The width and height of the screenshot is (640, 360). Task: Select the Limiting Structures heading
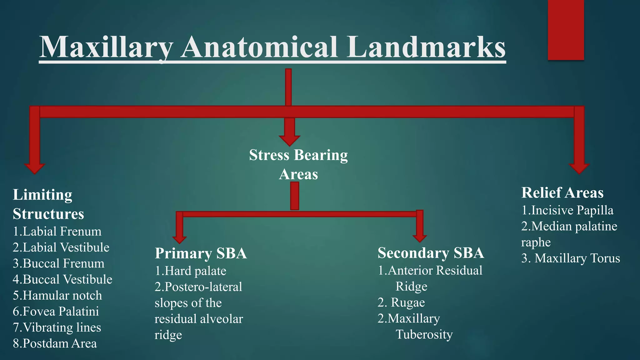click(48, 204)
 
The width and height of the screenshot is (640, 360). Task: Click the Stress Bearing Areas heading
click(298, 164)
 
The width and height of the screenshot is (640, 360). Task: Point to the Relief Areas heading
click(562, 192)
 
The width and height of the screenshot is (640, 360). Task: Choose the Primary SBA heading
click(201, 253)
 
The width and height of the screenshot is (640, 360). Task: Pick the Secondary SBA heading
click(431, 253)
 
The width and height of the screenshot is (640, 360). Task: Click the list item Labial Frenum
click(57, 232)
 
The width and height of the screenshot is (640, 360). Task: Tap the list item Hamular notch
click(57, 295)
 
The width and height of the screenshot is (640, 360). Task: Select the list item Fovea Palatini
click(56, 311)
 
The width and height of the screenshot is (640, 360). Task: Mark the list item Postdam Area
click(55, 343)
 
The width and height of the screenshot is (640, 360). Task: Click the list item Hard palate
click(191, 271)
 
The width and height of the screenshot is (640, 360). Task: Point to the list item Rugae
click(401, 302)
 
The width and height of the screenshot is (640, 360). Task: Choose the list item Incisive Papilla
click(567, 210)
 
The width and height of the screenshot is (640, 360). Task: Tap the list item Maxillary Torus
click(571, 258)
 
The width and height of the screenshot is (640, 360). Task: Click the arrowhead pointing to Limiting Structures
click(34, 168)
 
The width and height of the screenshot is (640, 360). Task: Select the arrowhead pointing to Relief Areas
click(579, 168)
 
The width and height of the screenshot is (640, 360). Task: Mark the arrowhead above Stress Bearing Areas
click(289, 140)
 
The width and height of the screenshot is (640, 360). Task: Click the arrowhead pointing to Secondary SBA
click(420, 238)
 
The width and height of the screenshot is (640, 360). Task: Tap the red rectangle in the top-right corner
click(566, 30)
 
